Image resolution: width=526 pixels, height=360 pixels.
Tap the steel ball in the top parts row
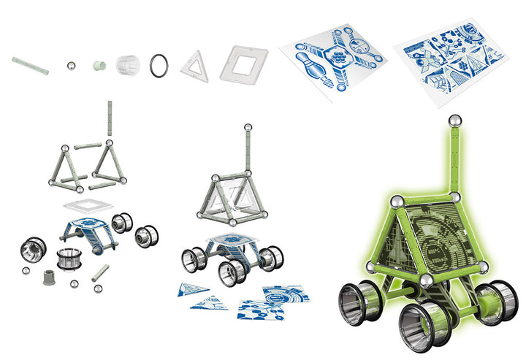point(72,66)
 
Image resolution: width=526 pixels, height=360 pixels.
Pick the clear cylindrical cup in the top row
point(128,64)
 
